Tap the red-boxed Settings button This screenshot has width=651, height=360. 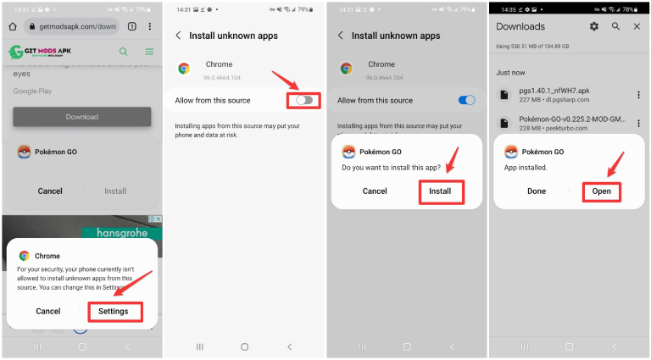114,311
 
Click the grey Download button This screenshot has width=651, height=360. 81,117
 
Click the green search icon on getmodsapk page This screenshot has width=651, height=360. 124,52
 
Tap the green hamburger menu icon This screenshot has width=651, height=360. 149,52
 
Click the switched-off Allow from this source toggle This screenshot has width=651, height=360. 304,100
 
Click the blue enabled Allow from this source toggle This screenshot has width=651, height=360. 466,100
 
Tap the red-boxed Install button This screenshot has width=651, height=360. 440,191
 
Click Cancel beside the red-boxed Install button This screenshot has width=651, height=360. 375,191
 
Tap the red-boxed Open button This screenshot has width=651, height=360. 601,191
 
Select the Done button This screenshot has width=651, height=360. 537,191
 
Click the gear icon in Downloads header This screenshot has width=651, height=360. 593,27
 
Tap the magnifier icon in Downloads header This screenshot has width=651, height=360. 615,27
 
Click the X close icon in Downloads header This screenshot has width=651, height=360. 637,27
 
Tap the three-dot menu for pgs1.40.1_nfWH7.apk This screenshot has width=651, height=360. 637,95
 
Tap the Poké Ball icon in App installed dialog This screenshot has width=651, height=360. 511,152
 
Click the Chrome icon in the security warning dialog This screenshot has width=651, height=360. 25,255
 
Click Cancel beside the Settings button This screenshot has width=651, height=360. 48,311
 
